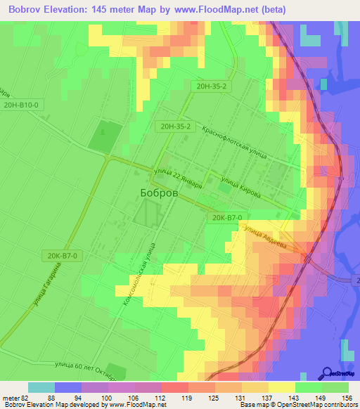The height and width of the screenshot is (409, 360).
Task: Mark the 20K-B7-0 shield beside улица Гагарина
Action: [x=64, y=256]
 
